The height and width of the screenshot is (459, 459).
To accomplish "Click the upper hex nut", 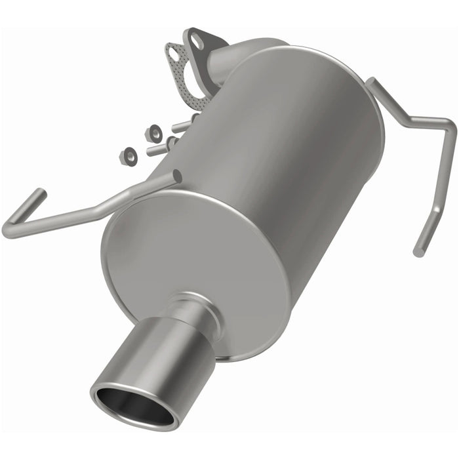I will pyautogui.click(x=155, y=133).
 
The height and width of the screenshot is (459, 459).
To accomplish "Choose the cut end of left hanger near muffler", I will pyautogui.click(x=176, y=176).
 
